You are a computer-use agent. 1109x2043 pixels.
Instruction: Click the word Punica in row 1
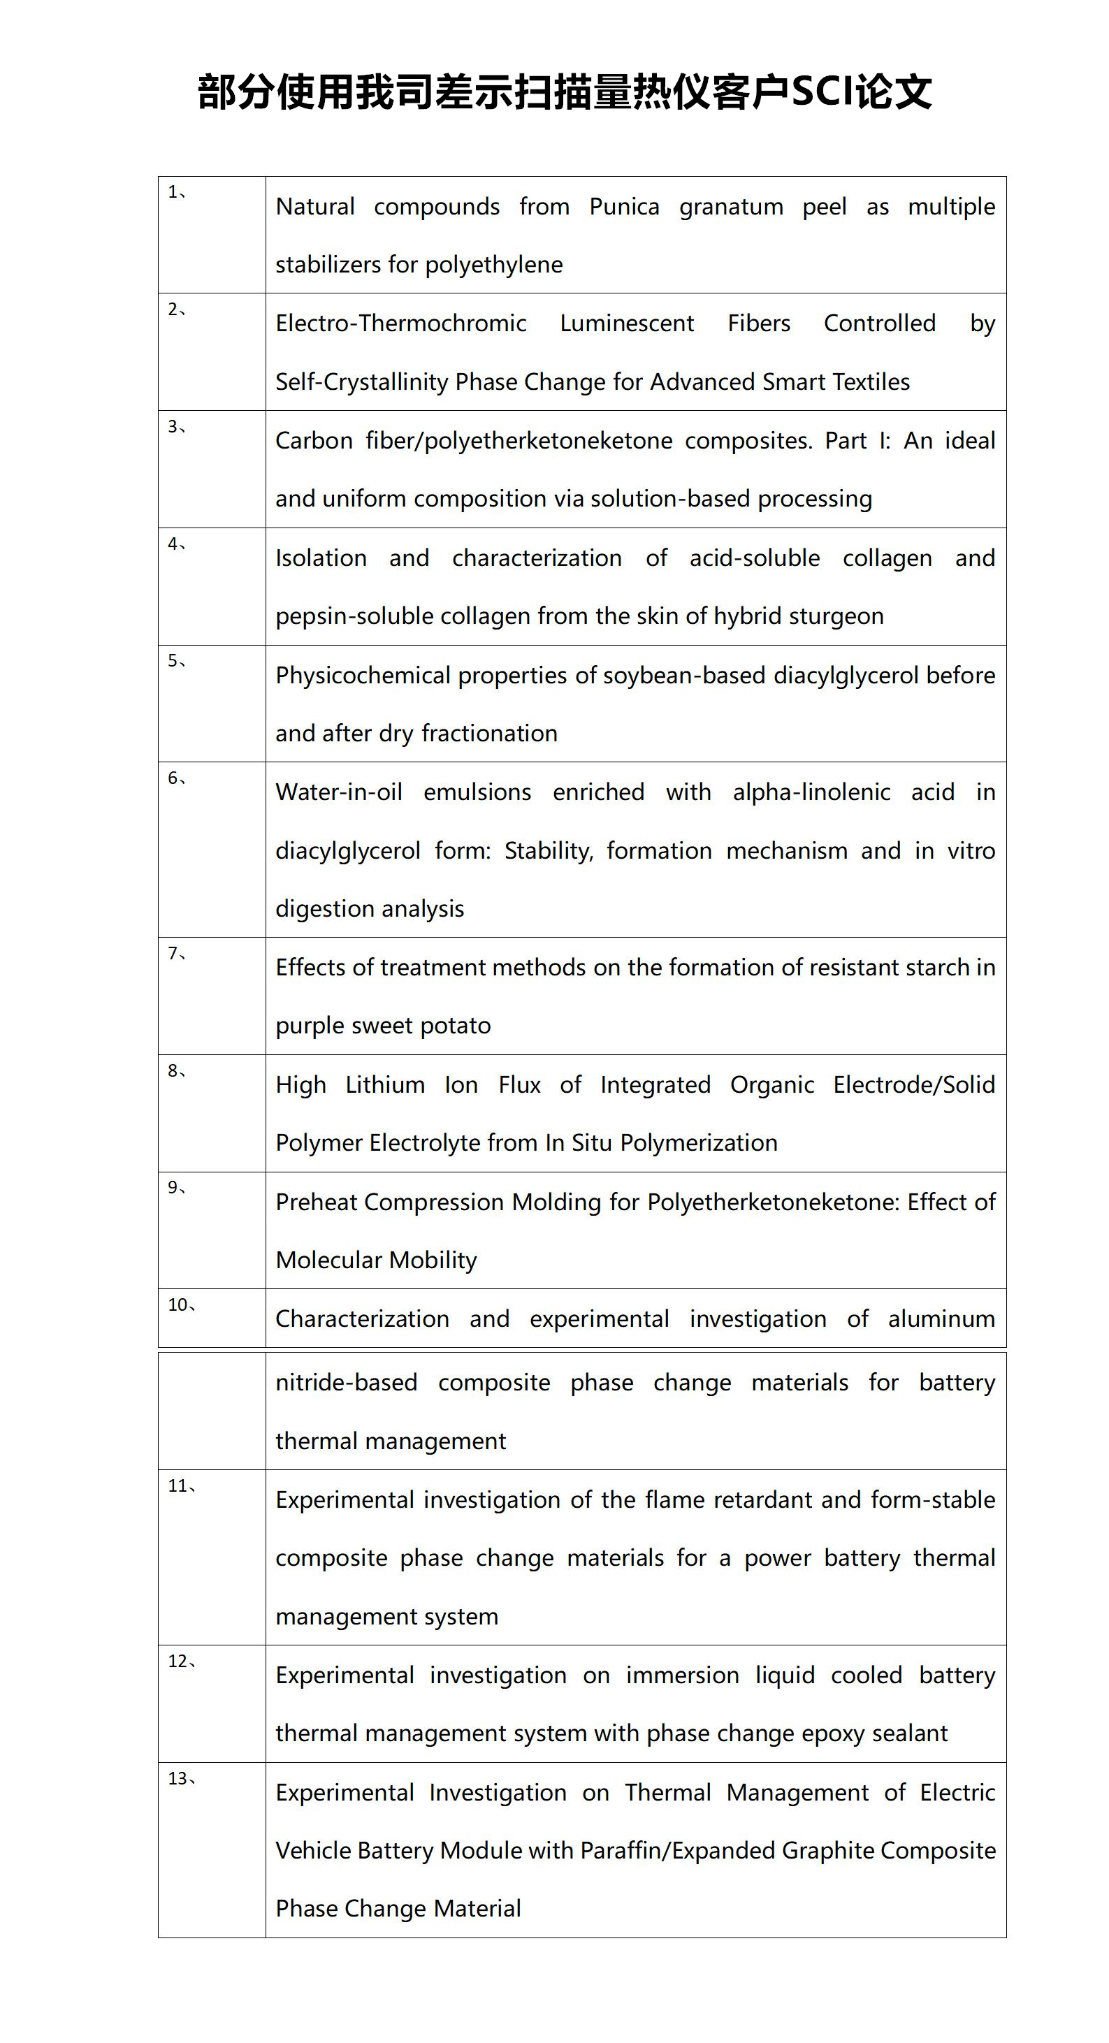click(623, 207)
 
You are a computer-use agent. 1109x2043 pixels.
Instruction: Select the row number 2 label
click(176, 310)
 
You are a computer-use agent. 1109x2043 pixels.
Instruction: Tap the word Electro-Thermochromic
click(400, 323)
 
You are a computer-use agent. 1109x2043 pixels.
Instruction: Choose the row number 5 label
click(176, 662)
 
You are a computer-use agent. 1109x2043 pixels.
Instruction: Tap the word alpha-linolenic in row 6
click(811, 792)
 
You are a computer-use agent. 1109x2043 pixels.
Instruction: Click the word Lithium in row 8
click(385, 1085)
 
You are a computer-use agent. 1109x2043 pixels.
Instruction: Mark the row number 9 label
click(176, 1188)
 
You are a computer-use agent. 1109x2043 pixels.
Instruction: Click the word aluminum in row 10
click(941, 1319)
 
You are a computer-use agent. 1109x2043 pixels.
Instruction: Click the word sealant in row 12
click(909, 1733)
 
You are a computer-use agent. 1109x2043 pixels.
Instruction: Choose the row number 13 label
click(181, 1779)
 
